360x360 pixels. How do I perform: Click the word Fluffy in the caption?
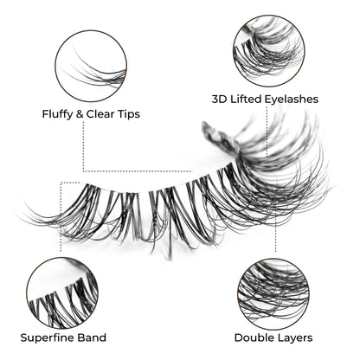click(x=57, y=114)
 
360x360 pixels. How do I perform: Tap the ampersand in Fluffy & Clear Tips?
click(x=79, y=114)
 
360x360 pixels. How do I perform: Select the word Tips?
click(x=128, y=114)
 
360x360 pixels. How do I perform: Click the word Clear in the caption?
click(x=100, y=114)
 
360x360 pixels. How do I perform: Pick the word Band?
click(x=92, y=337)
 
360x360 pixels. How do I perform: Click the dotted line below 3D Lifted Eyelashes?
click(x=267, y=132)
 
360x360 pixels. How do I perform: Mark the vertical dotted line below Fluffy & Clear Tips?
click(x=84, y=146)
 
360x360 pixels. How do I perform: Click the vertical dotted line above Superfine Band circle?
click(x=61, y=217)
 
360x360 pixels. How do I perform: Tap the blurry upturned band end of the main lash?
click(x=219, y=137)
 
